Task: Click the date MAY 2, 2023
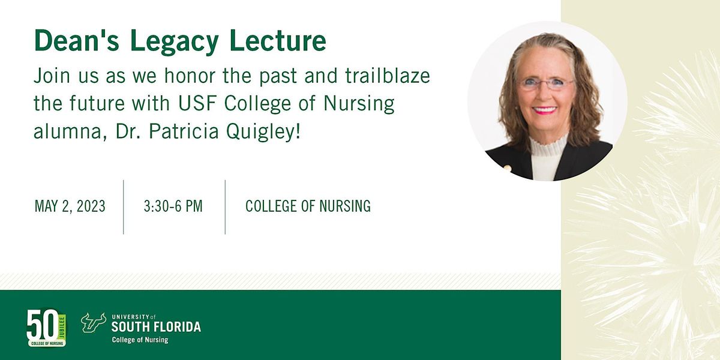coord(70,206)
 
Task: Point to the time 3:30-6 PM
coord(173,206)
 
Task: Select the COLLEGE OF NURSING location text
coord(308,206)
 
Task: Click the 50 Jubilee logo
coord(46,328)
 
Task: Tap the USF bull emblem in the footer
coord(94,322)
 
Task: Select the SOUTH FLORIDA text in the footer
coord(156,327)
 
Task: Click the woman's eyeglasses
coord(546,84)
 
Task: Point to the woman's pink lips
coord(545,110)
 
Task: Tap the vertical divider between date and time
coord(124,206)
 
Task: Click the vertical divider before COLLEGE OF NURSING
coord(226,206)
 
